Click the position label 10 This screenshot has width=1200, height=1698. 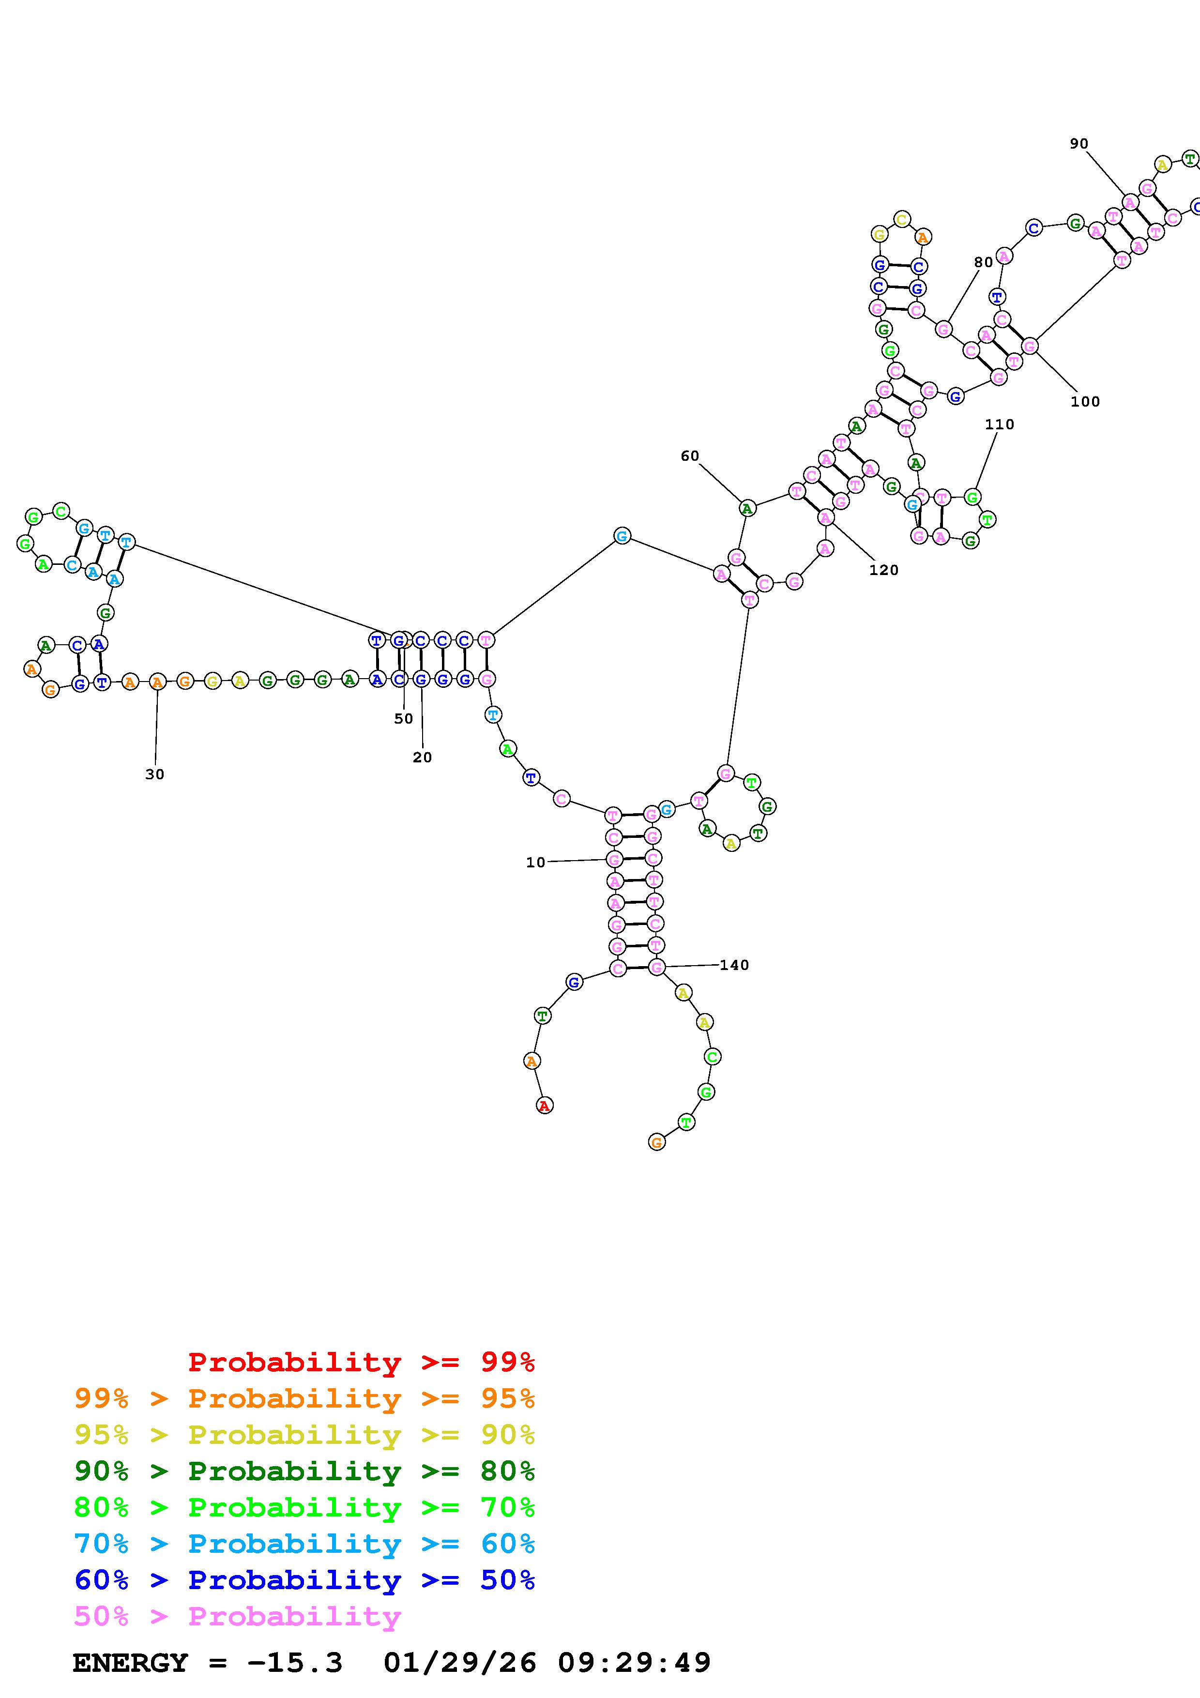(535, 863)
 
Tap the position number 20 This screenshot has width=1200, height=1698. (422, 758)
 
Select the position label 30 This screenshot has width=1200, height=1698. (154, 774)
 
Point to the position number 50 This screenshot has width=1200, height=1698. (403, 719)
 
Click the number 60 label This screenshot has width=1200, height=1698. (689, 456)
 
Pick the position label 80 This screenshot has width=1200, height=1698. (983, 262)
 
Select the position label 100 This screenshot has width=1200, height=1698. (1085, 402)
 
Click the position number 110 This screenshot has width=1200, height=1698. (999, 424)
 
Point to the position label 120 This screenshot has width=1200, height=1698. (883, 570)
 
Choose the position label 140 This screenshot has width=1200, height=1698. (734, 965)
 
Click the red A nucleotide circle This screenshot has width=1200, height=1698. (544, 1106)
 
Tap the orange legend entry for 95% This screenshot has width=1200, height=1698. (304, 1398)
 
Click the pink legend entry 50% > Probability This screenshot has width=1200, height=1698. (237, 1617)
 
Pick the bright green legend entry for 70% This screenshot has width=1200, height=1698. (304, 1507)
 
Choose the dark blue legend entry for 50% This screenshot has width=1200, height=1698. (304, 1580)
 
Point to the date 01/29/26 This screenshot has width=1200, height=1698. (460, 1663)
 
